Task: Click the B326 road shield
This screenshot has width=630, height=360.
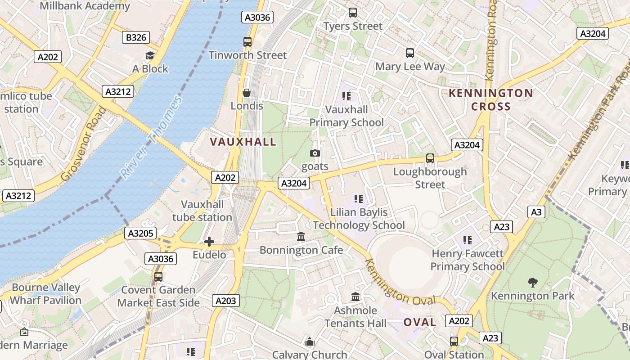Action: [x=136, y=37]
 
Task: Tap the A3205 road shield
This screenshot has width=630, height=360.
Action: [x=141, y=233]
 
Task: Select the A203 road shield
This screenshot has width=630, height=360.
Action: [x=226, y=301]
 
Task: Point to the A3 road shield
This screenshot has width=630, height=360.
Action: [x=536, y=211]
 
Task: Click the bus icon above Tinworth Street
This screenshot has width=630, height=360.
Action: [x=247, y=42]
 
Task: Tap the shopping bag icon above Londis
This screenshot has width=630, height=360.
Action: [x=247, y=93]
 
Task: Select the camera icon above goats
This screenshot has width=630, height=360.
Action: [x=315, y=153]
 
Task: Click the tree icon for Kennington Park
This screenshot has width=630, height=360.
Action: [x=532, y=283]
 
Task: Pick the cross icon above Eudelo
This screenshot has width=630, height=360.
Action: [x=209, y=242]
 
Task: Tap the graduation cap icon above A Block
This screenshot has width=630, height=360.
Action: [x=150, y=55]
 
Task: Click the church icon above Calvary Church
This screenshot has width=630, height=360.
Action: [x=309, y=342]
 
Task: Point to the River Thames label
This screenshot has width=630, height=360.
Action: [x=151, y=137]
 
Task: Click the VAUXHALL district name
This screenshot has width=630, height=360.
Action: [x=243, y=142]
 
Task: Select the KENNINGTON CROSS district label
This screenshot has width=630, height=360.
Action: [x=490, y=100]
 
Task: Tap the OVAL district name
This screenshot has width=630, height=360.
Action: [x=419, y=322]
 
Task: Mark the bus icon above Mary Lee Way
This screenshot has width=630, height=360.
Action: [x=409, y=53]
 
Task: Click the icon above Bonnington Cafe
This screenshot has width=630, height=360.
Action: [x=301, y=236]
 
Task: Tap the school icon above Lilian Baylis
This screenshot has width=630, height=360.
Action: [x=359, y=198]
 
